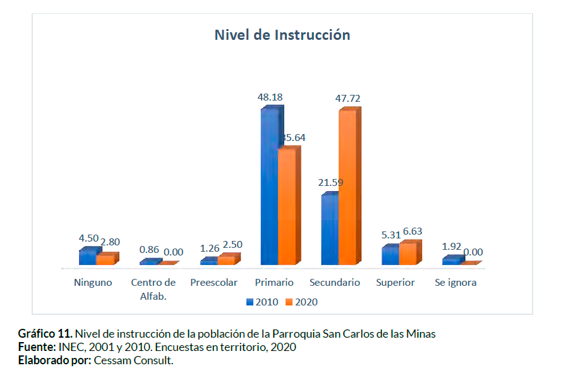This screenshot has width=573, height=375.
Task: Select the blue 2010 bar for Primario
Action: [x=269, y=187]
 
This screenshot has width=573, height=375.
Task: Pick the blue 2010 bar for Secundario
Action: [x=329, y=230]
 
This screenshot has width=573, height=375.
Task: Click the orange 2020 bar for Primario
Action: [x=286, y=206]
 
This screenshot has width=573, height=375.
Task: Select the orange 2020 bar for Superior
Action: [x=407, y=254]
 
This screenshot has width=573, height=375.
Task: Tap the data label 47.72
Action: [x=348, y=99]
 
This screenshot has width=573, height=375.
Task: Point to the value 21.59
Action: [x=330, y=183]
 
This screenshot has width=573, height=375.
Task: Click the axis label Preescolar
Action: [x=214, y=283]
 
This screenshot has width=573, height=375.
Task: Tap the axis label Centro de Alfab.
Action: [x=153, y=289]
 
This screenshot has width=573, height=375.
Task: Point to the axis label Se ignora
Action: [x=455, y=283]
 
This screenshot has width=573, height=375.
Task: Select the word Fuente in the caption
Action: [x=37, y=347]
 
